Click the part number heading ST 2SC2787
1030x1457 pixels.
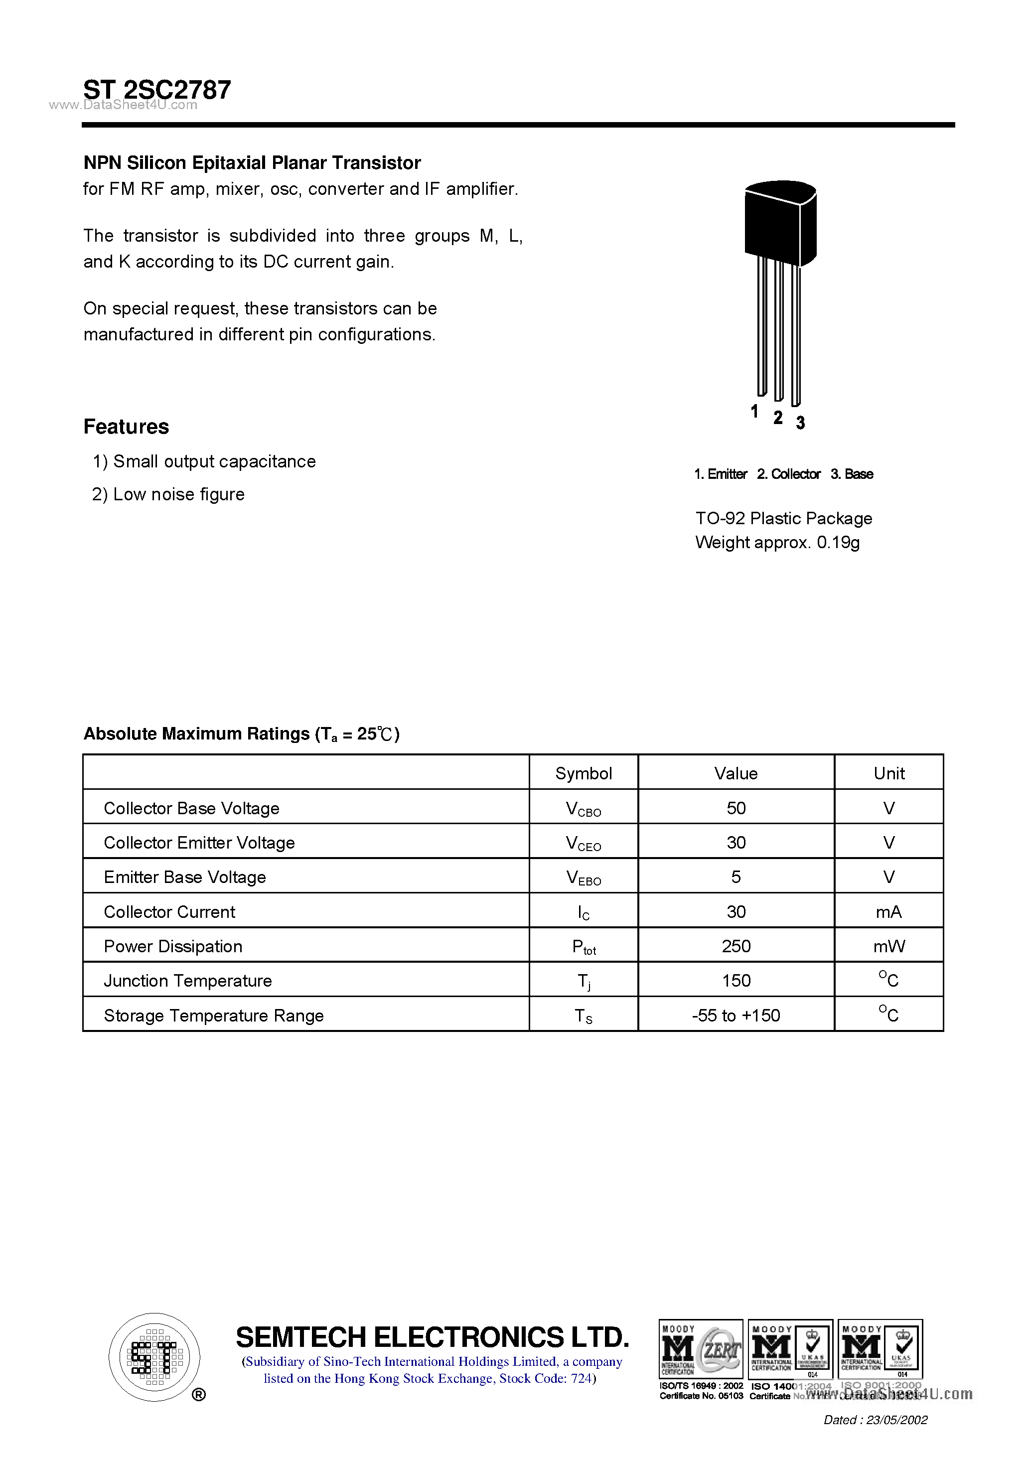point(157,90)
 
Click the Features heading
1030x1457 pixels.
point(126,427)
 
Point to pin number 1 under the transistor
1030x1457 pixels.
point(754,411)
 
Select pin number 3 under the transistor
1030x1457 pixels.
point(800,423)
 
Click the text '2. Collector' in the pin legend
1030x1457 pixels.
point(788,474)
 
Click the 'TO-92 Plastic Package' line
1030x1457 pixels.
point(784,518)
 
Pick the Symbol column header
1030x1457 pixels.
point(583,773)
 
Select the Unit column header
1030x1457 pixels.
point(888,773)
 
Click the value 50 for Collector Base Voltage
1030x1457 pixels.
point(736,808)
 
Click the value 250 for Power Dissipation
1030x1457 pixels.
point(736,946)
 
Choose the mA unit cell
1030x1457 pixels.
point(888,912)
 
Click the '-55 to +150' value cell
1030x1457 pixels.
point(736,1016)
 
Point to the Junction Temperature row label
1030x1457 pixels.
point(188,981)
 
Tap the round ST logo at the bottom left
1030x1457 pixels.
point(154,1358)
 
